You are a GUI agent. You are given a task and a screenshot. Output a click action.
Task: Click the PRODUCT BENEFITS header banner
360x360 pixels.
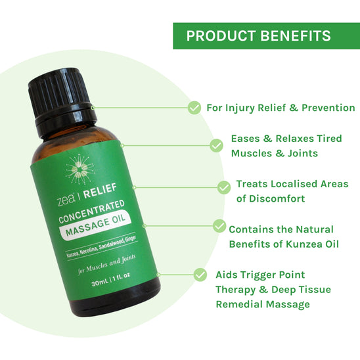click(267, 35)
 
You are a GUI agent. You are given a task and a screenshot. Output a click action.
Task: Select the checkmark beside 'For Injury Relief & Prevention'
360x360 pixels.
click(194, 108)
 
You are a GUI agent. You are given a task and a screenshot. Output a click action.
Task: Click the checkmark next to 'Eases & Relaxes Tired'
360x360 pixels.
click(215, 145)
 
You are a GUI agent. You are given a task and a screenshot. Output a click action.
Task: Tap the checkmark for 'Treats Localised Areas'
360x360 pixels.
click(223, 187)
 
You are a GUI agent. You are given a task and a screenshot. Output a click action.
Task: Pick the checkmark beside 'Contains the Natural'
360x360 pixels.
click(219, 225)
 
